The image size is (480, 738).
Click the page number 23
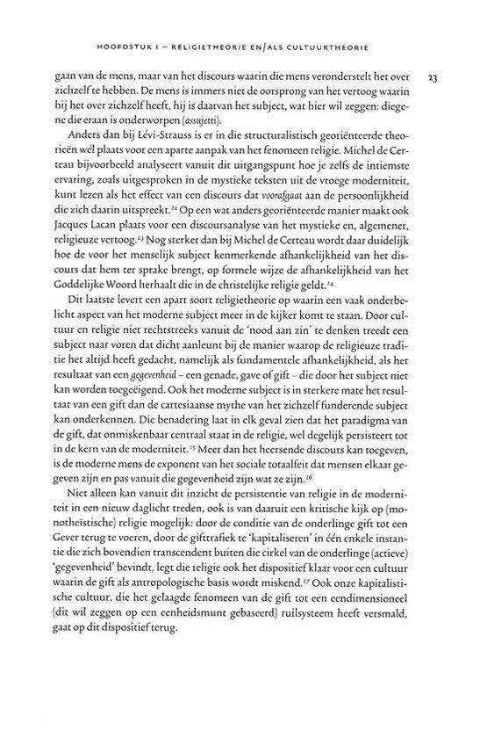click(432, 78)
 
